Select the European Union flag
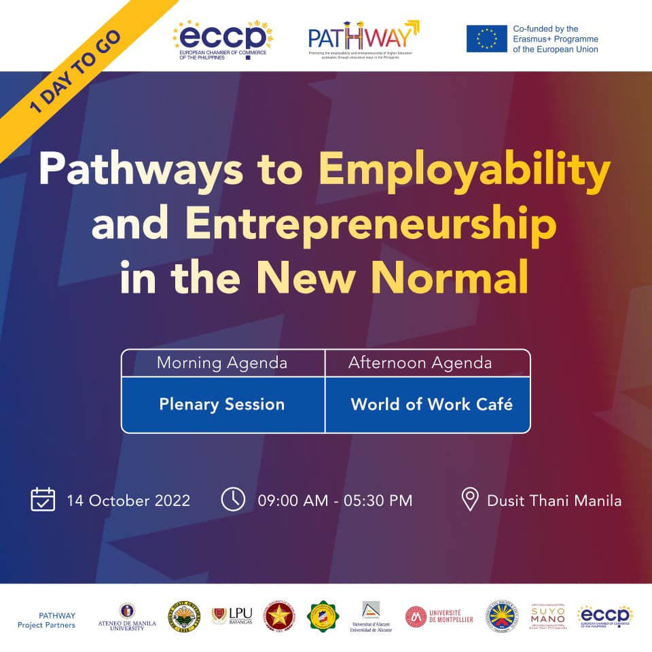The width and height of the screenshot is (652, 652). [486, 38]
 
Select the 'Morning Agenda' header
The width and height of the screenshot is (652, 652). [222, 363]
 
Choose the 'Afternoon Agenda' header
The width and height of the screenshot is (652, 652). [420, 363]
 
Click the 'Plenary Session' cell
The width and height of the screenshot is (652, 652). [222, 405]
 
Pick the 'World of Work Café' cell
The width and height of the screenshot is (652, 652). [431, 405]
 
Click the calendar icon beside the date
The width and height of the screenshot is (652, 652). [43, 500]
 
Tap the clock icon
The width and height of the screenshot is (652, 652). [233, 500]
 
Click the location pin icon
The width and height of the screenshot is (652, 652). [469, 500]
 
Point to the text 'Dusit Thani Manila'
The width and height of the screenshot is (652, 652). [554, 501]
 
